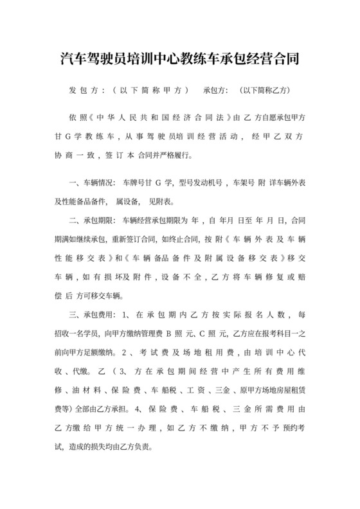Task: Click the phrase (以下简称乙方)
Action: [x=265, y=90]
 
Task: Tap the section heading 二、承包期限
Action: [x=93, y=220]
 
